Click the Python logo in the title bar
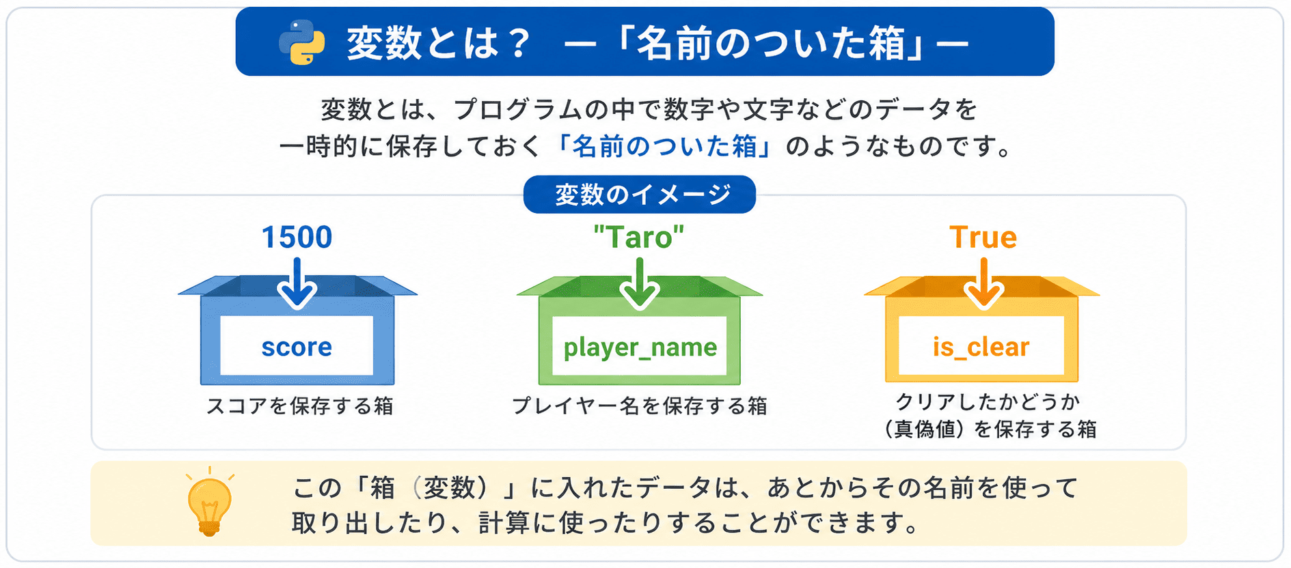tap(301, 42)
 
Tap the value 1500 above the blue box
tap(297, 238)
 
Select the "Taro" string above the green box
tap(639, 238)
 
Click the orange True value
tap(983, 238)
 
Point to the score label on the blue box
tap(297, 347)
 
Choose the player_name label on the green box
tap(640, 347)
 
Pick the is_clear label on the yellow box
tap(981, 347)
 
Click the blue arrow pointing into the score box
tap(297, 283)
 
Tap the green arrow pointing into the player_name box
tap(640, 283)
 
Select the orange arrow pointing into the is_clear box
tap(983, 283)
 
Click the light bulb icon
tap(210, 502)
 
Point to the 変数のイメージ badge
tap(640, 195)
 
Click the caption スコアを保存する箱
tap(300, 406)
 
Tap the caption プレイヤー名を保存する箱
tap(640, 406)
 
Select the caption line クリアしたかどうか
tap(988, 401)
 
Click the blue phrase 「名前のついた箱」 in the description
tap(665, 146)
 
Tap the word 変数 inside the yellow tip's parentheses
tap(449, 488)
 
